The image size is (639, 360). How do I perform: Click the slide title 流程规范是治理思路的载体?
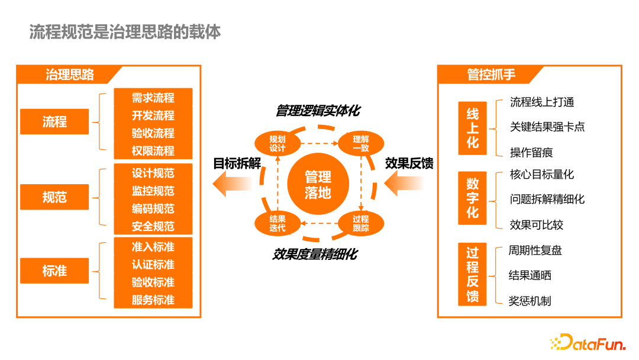click(x=125, y=31)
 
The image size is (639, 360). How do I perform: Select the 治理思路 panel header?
click(x=70, y=75)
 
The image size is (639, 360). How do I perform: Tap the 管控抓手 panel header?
click(x=491, y=75)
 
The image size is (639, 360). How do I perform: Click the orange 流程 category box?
click(x=54, y=122)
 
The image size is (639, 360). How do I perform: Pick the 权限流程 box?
click(x=153, y=151)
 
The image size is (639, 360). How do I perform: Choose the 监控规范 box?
click(x=153, y=191)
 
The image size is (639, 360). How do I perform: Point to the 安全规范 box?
click(x=153, y=226)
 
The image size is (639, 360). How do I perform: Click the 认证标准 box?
click(x=153, y=264)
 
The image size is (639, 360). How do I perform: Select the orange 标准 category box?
click(x=54, y=271)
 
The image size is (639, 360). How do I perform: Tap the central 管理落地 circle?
click(x=318, y=184)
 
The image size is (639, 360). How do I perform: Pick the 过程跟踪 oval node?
click(x=360, y=224)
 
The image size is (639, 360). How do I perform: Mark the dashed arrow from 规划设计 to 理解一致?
click(x=318, y=143)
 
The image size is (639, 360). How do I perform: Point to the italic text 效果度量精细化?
click(x=315, y=255)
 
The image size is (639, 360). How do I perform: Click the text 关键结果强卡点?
click(x=547, y=127)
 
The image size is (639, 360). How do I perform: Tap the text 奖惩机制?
click(x=530, y=301)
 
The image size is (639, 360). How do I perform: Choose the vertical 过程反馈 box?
click(x=472, y=274)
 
